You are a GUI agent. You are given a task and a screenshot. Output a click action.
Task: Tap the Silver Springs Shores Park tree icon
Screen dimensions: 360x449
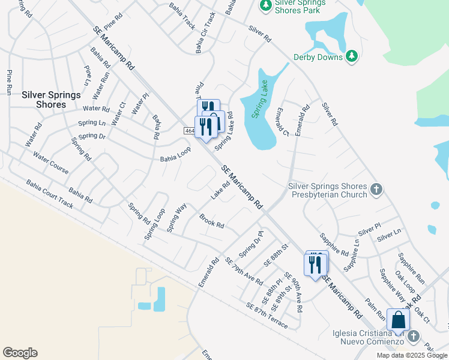tap(265, 5)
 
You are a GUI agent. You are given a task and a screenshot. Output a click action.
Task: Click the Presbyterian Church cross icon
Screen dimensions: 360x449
tap(376, 190)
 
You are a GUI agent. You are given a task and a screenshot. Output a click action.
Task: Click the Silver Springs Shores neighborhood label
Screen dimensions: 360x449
tap(44, 100)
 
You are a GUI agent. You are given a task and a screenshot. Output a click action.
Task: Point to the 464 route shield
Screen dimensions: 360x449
tap(190, 131)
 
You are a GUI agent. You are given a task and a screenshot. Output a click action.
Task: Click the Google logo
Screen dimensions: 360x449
tap(20, 353)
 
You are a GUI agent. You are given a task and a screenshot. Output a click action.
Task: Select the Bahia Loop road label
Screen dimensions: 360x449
tap(175, 155)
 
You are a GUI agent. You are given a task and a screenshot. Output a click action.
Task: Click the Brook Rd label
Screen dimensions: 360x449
tap(211, 221)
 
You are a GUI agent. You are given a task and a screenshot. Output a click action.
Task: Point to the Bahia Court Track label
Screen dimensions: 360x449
tap(49, 194)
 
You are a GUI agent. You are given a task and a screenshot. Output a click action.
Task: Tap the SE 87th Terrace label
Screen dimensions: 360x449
tap(267, 316)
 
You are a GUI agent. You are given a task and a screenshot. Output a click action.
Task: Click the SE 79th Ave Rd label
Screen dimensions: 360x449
tap(244, 271)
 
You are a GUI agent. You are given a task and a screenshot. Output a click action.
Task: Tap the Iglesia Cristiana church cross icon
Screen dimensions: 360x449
tap(413, 337)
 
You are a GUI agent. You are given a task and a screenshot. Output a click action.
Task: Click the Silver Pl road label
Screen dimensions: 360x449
tap(369, 230)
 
